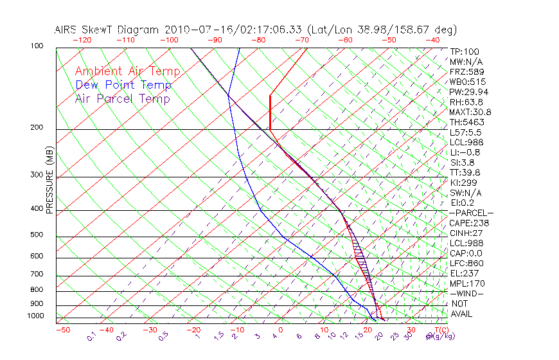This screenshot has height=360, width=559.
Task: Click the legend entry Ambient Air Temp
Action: [x=127, y=71]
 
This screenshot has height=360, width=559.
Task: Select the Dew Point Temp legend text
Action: [x=123, y=85]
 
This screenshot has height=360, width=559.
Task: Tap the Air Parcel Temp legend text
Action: [x=123, y=98]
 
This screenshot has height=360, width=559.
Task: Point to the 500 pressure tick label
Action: [x=37, y=235]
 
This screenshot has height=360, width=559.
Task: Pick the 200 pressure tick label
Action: [x=37, y=127]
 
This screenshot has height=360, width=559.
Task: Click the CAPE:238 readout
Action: [x=469, y=223]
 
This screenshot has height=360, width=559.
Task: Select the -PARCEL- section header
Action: [x=471, y=213]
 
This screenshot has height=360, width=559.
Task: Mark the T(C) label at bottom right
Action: [x=438, y=330]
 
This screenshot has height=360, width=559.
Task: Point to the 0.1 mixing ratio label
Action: [x=91, y=337]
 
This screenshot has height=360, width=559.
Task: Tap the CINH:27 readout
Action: [x=466, y=233]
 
